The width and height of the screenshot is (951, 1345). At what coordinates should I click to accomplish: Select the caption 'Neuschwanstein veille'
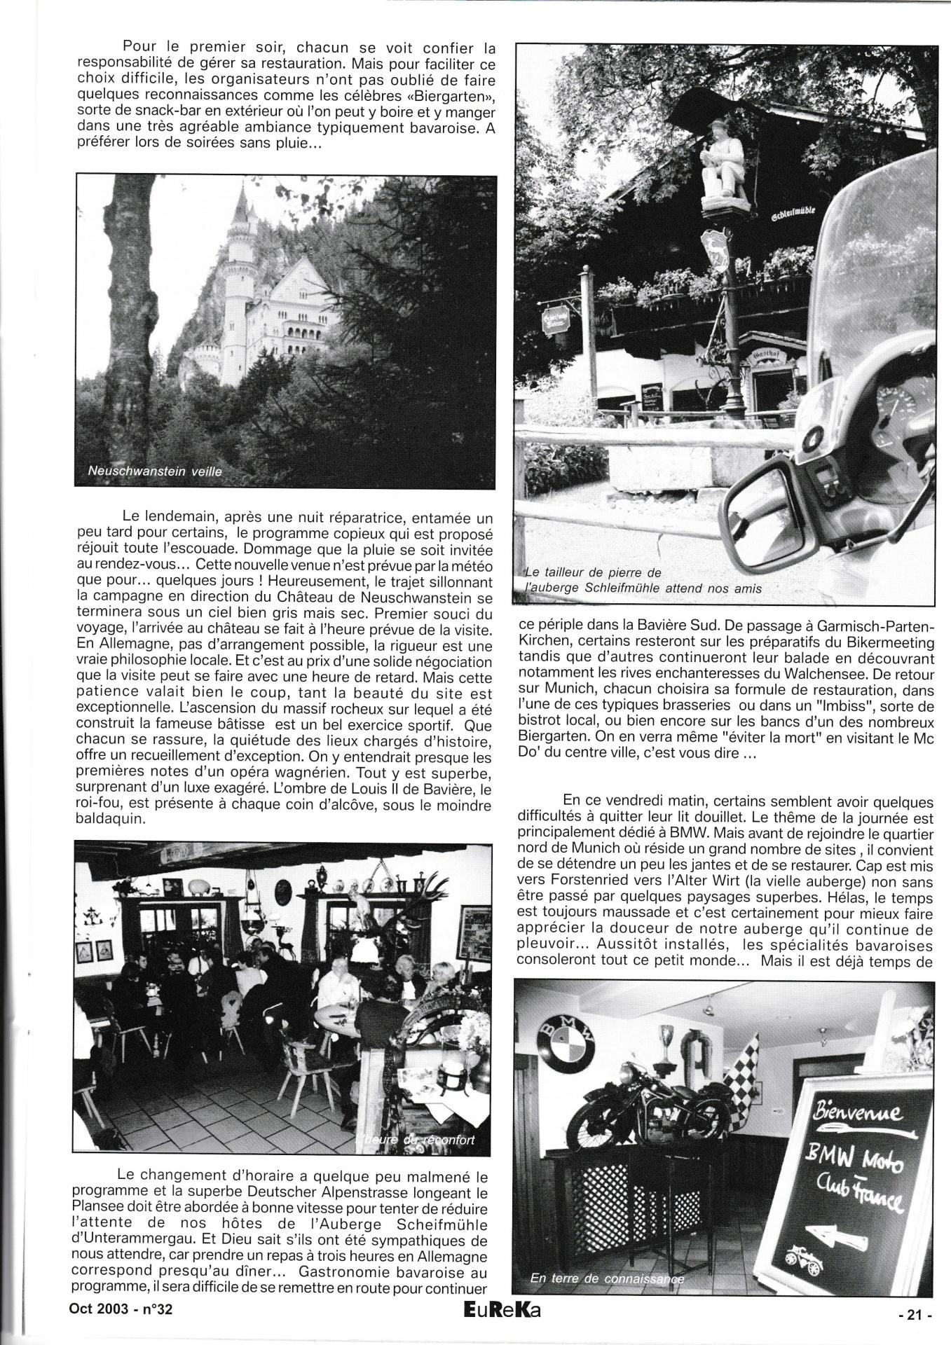[x=154, y=471]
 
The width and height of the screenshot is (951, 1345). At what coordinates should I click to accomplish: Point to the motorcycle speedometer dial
[x=898, y=410]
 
